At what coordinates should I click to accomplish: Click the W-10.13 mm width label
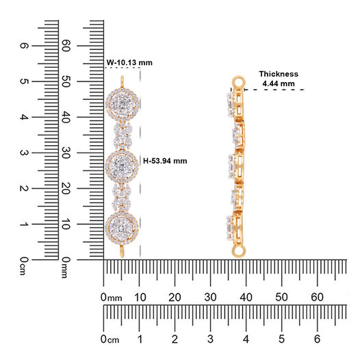[129, 63]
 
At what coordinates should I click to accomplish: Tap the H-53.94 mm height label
[165, 161]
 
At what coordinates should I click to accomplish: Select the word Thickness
[279, 74]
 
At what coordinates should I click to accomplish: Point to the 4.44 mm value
[279, 83]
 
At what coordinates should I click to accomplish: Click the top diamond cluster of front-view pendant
[123, 105]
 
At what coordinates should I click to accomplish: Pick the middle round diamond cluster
[122, 166]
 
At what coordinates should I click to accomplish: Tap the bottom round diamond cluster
[122, 227]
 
